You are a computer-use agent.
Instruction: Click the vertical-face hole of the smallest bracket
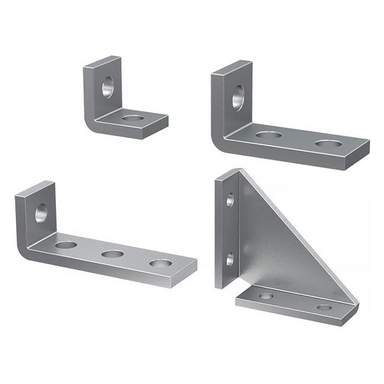tap(108, 87)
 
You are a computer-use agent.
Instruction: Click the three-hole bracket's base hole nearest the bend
tap(268, 135)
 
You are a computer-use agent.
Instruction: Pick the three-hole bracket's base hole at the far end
tap(328, 144)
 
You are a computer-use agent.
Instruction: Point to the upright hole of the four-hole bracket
tap(41, 213)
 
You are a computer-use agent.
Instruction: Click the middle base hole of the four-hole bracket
tap(113, 254)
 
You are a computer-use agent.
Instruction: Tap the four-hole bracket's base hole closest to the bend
tap(66, 245)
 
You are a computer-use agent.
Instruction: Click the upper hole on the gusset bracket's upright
tap(230, 200)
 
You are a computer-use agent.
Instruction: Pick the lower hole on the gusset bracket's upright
tap(230, 259)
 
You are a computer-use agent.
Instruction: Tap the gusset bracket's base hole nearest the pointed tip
tap(324, 307)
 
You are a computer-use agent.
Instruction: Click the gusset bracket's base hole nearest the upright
tap(266, 296)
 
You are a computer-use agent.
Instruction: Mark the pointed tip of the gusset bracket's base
tap(356, 304)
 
